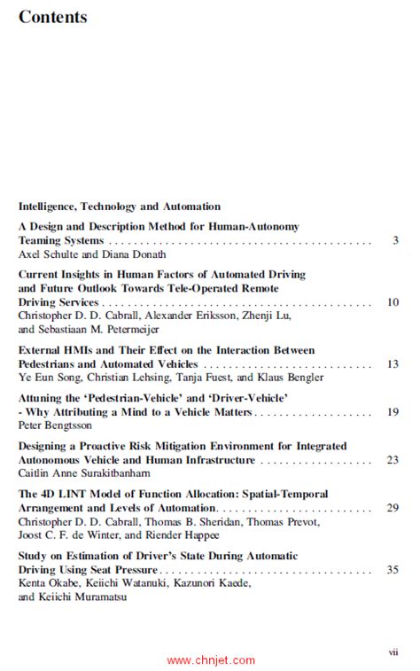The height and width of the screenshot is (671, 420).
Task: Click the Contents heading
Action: point(52,17)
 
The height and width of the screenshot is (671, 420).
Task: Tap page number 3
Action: point(395,240)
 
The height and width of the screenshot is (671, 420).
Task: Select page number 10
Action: point(393,302)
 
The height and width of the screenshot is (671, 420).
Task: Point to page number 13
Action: point(393,364)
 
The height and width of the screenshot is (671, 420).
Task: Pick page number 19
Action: point(393,412)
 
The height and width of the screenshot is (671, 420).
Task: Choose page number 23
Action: point(393,460)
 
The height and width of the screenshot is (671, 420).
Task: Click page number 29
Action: point(393,508)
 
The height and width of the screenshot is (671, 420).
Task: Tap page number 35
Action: point(393,570)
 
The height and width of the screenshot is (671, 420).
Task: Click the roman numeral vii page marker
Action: point(393,651)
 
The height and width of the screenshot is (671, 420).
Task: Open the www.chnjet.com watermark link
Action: point(211,659)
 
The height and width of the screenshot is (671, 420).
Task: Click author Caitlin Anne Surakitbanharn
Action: point(84,473)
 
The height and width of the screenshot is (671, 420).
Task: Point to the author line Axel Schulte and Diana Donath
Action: point(91,254)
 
